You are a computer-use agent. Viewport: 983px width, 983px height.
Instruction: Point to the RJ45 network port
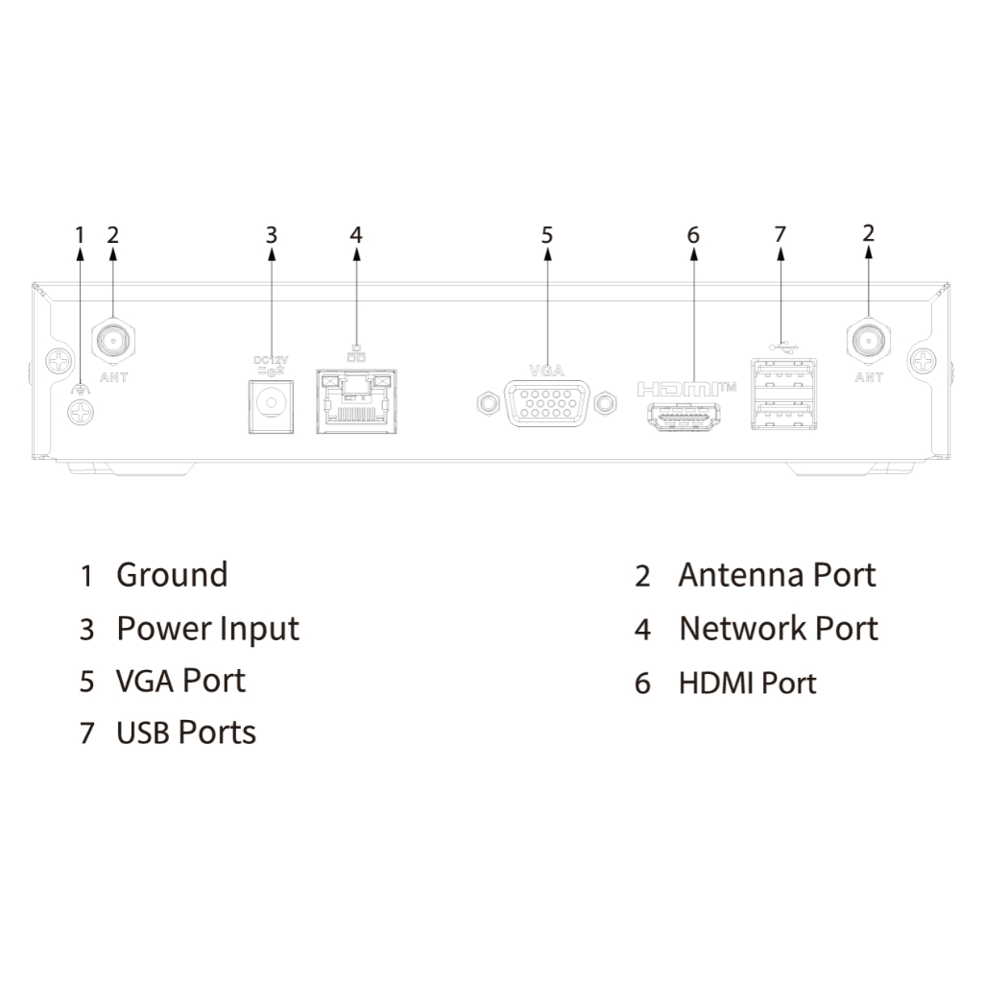356,403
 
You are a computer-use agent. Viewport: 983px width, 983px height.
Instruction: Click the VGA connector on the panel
546,403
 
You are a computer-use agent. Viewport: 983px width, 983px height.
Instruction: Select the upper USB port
785,374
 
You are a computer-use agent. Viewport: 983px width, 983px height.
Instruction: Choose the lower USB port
785,416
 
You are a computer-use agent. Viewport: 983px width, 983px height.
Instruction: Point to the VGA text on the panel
546,369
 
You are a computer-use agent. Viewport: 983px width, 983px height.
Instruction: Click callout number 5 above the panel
546,234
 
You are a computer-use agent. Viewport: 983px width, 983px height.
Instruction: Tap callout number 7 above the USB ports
779,233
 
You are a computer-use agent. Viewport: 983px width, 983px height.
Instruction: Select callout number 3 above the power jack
272,234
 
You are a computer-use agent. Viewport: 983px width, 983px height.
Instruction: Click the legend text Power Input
207,629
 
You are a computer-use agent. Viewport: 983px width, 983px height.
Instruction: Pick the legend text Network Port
778,629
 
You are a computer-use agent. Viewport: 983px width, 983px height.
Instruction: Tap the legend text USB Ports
185,732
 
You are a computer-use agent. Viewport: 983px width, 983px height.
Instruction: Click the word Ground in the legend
172,575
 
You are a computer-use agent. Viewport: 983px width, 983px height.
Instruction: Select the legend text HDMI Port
747,683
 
